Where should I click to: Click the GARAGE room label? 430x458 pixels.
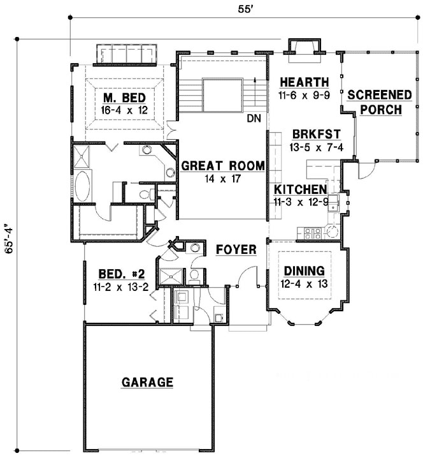147,382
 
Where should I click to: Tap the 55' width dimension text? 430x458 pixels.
245,9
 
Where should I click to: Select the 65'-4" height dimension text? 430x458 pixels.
9,239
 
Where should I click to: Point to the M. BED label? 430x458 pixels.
125,98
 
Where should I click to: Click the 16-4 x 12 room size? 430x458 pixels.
124,110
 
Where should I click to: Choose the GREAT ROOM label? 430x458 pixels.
223,166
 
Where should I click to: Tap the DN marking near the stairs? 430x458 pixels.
254,118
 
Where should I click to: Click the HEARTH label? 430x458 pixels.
305,82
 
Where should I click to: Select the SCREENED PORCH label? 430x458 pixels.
380,102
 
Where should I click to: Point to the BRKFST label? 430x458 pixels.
317,135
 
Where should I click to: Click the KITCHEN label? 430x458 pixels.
301,189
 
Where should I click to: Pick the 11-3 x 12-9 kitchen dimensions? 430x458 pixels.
301,202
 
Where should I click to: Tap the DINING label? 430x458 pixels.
305,270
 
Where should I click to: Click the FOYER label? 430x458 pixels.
236,250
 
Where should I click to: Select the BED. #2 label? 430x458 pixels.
122,274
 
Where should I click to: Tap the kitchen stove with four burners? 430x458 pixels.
313,233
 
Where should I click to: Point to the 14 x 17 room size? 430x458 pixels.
223,179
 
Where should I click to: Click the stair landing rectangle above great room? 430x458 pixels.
222,95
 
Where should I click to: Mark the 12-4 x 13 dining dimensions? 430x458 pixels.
305,284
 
